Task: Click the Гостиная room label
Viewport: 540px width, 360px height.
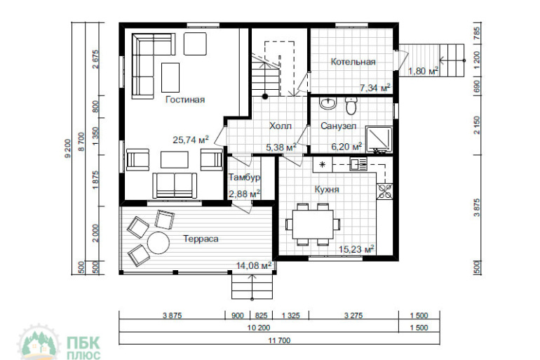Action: [185, 100]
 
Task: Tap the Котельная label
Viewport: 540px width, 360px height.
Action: [353, 62]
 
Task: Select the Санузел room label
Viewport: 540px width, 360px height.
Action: [339, 126]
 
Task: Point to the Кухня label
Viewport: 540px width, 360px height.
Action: [327, 189]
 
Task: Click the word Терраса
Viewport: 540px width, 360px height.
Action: [201, 239]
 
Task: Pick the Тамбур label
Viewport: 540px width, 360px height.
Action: [245, 178]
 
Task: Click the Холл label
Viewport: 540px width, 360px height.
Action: [281, 126]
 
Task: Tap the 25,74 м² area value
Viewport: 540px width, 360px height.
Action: [191, 140]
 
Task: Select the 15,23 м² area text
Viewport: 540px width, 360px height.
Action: [356, 249]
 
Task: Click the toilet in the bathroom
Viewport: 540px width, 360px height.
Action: [351, 106]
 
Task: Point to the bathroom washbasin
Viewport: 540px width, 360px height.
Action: [328, 103]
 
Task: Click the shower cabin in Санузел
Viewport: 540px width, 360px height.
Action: [379, 139]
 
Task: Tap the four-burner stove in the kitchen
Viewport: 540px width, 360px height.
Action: [384, 191]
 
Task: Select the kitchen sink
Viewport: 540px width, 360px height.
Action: [359, 164]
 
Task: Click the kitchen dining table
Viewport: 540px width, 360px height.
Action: [313, 225]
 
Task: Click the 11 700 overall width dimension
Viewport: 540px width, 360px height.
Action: [279, 341]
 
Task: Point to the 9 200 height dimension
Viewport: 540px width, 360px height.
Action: [68, 149]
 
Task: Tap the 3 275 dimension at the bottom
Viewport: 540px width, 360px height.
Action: [353, 315]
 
